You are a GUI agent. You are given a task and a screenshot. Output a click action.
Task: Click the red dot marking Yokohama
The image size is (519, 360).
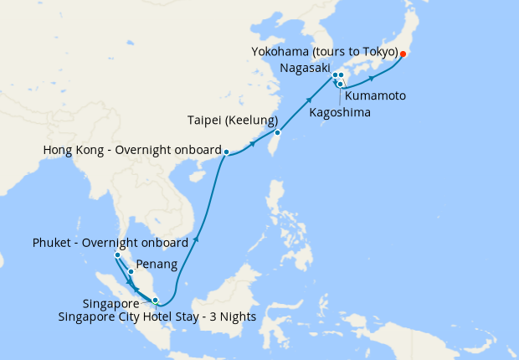402,54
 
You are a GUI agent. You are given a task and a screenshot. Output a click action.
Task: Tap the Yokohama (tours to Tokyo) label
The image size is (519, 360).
323,52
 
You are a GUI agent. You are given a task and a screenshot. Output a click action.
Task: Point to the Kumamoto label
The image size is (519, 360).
376,96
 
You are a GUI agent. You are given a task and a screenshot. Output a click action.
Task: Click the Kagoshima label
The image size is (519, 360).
341,111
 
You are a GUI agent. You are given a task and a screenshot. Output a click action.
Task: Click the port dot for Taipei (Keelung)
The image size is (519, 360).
278,132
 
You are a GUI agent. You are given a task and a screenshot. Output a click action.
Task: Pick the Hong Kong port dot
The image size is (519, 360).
226,152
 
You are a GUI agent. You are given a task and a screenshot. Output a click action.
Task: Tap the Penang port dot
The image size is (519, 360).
131,271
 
